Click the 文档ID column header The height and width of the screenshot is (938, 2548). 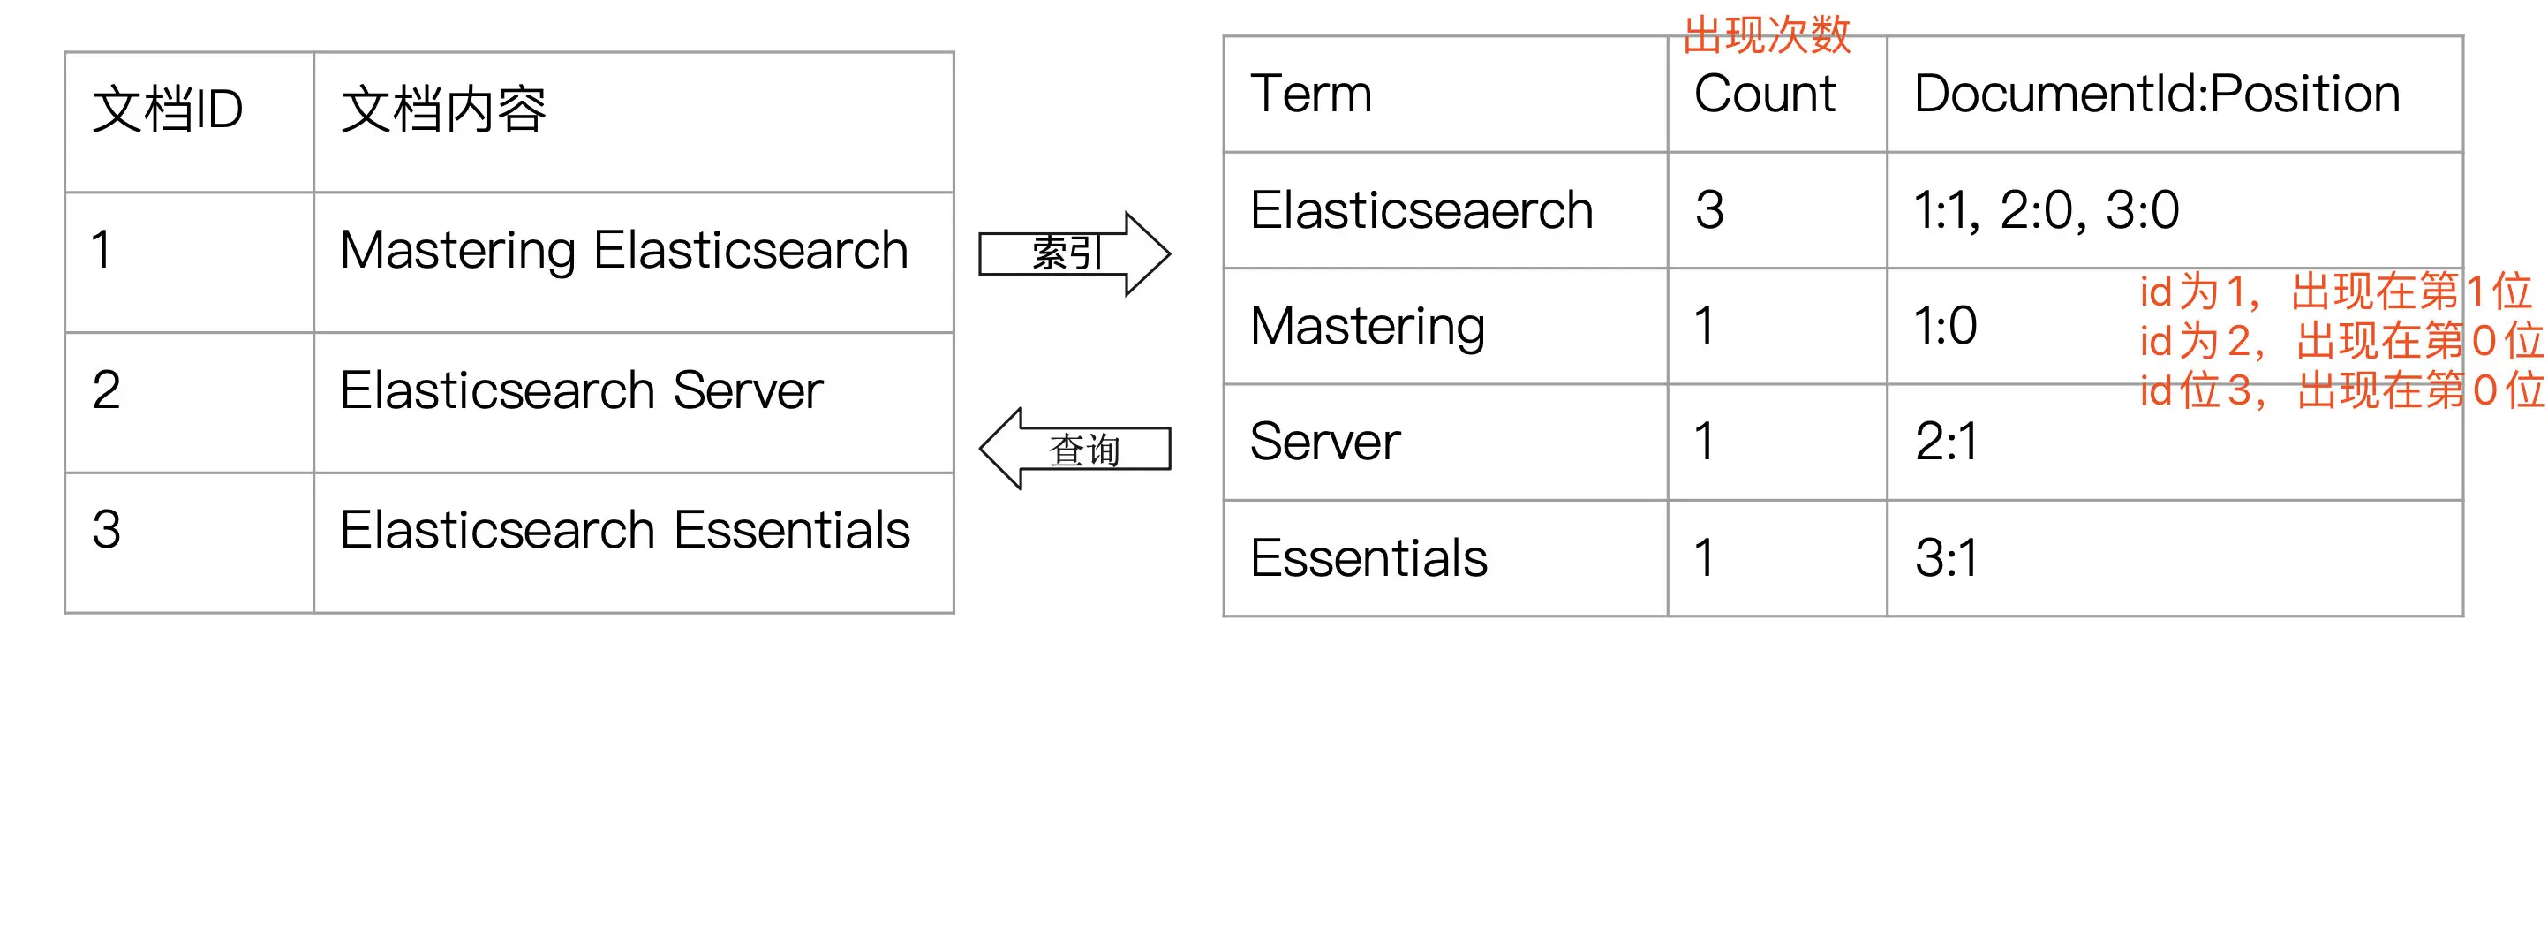tap(167, 108)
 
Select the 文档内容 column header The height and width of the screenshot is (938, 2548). tap(443, 108)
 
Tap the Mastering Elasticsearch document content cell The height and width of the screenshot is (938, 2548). tap(624, 249)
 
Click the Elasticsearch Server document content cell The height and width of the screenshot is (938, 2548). tap(581, 390)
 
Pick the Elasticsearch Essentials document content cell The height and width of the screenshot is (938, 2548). tap(624, 529)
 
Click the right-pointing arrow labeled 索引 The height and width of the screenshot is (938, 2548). tap(1074, 253)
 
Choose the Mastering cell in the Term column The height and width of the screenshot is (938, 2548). tap(1367, 327)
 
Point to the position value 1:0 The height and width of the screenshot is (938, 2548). tap(1946, 326)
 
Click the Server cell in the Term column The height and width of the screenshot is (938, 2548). tap(1325, 442)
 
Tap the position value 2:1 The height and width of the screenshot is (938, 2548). tap(1947, 442)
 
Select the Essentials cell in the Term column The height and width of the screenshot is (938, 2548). tap(1369, 558)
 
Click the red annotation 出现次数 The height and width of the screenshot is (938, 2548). tap(1767, 35)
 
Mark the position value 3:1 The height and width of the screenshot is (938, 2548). tap(1947, 558)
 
